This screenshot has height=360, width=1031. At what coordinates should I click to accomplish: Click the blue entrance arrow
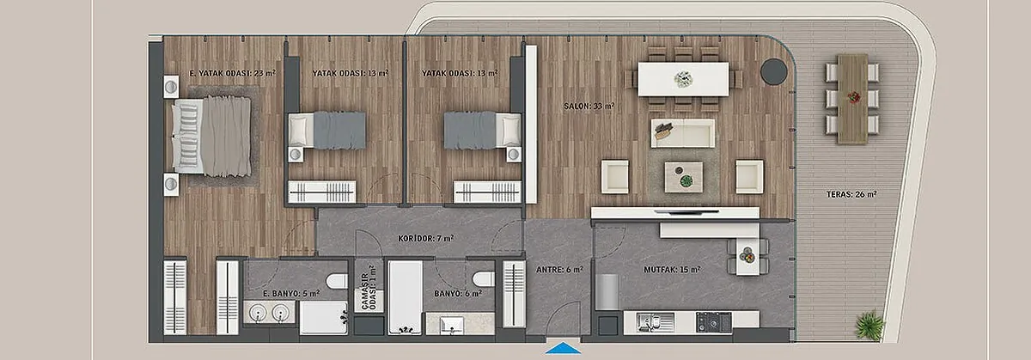563,348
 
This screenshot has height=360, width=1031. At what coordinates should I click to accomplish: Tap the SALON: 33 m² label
589,106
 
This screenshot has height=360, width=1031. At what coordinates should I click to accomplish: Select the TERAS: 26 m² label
851,194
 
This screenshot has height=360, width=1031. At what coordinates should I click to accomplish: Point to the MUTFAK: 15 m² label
672,269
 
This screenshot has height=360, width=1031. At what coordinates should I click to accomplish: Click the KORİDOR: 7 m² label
426,239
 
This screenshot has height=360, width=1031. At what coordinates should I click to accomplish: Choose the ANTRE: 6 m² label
559,269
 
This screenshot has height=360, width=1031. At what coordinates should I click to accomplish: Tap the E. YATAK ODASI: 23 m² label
233,73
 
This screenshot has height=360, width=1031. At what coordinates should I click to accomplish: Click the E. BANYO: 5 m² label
291,293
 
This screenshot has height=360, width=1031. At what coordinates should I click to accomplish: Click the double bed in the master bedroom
211,137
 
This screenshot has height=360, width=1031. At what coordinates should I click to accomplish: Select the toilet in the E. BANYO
337,281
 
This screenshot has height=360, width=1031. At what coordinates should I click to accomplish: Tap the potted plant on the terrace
869,325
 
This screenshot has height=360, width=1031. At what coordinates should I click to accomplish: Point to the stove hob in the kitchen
713,322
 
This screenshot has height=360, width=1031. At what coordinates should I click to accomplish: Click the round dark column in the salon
774,71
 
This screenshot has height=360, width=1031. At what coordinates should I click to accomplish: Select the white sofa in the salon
683,133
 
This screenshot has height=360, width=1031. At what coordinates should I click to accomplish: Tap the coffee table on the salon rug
684,177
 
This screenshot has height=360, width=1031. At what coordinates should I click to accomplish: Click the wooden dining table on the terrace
852,99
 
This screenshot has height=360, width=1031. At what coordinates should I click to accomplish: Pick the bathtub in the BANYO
405,297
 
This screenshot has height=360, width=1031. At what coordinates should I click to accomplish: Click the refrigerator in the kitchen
607,292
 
